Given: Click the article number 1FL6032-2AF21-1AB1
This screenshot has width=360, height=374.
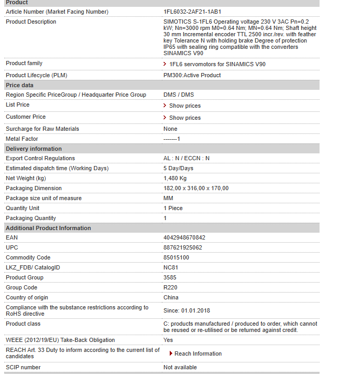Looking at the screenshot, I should pos(192,12).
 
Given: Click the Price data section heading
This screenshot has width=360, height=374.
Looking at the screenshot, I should pos(19,85).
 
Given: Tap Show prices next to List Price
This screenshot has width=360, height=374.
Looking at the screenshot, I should pos(184,106).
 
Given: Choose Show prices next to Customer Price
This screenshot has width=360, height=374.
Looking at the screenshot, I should pos(184,118).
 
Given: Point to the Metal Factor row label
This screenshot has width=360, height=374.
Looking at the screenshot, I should pos(22,139).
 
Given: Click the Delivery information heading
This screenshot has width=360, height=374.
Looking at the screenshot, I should pos(34,149).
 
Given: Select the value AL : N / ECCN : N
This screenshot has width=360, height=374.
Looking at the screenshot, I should pos(187,158).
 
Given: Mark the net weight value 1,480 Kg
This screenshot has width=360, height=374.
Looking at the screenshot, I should pos(175,178).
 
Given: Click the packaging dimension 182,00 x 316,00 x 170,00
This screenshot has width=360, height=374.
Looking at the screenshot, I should pos(196,188).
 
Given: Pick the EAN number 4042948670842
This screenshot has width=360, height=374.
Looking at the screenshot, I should pos(184,237).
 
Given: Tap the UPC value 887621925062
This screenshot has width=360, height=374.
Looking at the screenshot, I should pos(183,247).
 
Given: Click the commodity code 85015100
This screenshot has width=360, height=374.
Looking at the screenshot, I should pos(176,257).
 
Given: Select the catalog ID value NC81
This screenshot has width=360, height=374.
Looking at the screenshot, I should pos(171,267).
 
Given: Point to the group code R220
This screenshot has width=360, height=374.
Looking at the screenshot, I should pos(170,287).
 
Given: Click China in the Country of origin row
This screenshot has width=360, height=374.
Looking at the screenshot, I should pos(171,297).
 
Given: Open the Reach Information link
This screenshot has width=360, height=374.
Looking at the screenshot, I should pos(198,354).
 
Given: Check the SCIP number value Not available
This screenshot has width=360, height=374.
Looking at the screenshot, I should pos(180,367).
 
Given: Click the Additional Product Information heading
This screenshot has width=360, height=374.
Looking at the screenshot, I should pos(48,228).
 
